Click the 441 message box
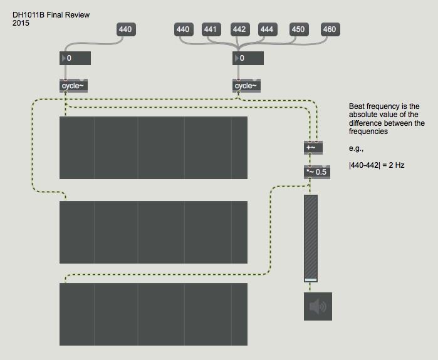pyautogui.click(x=211, y=29)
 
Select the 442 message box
pyautogui.click(x=239, y=29)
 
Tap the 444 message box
pyautogui.click(x=266, y=29)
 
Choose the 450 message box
pyautogui.click(x=298, y=29)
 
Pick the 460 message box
pyautogui.click(x=329, y=29)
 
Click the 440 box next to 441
pyautogui.click(x=182, y=29)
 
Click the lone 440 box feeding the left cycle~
pyautogui.click(x=125, y=29)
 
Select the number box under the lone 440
pyautogui.click(x=75, y=58)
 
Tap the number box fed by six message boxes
pyautogui.click(x=248, y=58)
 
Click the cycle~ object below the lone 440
pyautogui.click(x=72, y=86)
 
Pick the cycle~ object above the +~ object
pyautogui.click(x=246, y=86)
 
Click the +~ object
pyautogui.click(x=313, y=148)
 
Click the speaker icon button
pyautogui.click(x=318, y=306)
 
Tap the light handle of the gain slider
pyautogui.click(x=311, y=280)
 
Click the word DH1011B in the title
pyautogui.click(x=28, y=14)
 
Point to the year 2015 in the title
pyautogui.click(x=21, y=23)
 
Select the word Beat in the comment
pyautogui.click(x=358, y=106)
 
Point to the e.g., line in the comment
pyautogui.click(x=356, y=149)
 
